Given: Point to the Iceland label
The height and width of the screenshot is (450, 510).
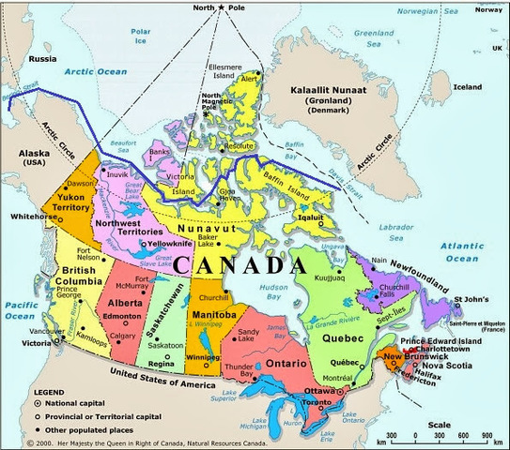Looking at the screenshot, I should click(468, 87).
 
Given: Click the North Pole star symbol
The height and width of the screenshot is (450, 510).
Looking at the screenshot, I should click(222, 8).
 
